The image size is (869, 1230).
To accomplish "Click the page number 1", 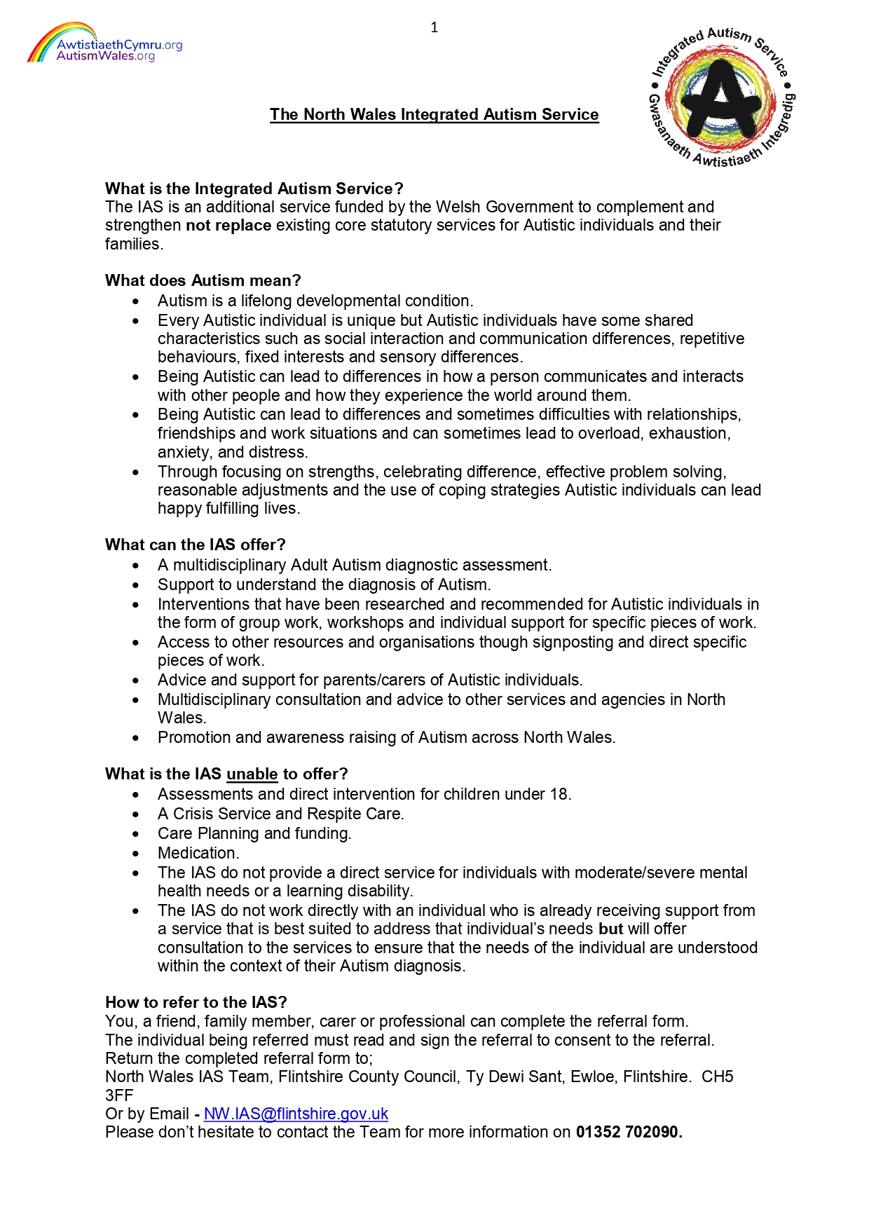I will click(x=434, y=28).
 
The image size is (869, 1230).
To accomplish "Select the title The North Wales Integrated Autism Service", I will click(x=434, y=115).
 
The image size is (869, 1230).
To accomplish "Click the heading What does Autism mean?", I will click(x=203, y=281).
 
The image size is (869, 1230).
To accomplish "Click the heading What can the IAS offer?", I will click(x=195, y=545).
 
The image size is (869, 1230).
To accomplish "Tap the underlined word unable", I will click(x=252, y=774).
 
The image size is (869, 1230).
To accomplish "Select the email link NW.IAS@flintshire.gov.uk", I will click(x=296, y=1114).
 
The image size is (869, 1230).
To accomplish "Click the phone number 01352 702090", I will click(x=629, y=1133).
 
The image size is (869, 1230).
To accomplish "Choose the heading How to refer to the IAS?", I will click(x=196, y=1003).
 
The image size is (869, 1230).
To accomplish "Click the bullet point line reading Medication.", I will click(x=198, y=854).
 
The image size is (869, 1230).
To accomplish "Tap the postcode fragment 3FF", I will click(x=119, y=1096).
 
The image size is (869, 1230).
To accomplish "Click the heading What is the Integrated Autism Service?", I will click(x=254, y=189).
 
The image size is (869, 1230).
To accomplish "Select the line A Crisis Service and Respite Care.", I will click(x=280, y=814).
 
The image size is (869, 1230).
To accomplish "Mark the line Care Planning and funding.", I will click(x=254, y=834).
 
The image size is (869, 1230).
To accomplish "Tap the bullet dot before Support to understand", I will click(x=136, y=585).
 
